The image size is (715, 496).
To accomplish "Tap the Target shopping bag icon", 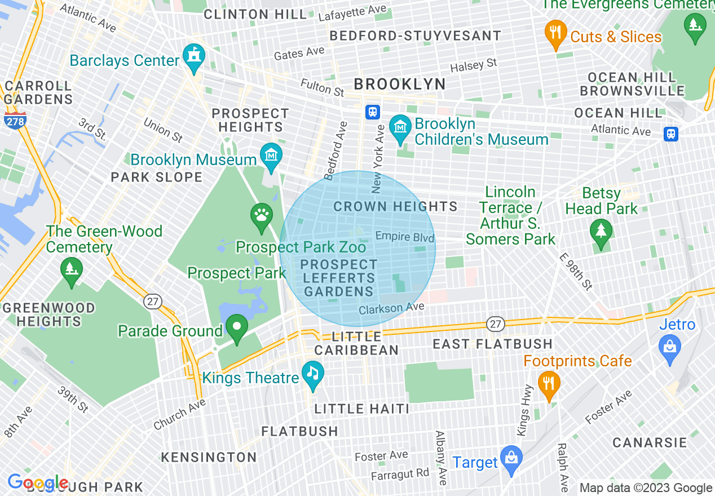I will (x=511, y=458).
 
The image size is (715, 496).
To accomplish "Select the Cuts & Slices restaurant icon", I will (x=556, y=33).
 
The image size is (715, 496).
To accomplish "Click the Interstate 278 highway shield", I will (x=15, y=119).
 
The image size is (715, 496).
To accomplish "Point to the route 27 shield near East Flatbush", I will (x=495, y=324).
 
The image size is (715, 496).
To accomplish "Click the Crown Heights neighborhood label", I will (x=395, y=206).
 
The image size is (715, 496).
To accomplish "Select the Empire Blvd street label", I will (x=405, y=237).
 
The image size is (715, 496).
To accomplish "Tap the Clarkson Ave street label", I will (x=391, y=308).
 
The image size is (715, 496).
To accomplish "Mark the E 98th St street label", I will (x=576, y=271).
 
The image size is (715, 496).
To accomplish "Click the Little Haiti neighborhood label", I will (x=361, y=409).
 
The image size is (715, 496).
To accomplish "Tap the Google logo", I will (x=37, y=482).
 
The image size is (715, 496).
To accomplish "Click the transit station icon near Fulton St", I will (x=372, y=112).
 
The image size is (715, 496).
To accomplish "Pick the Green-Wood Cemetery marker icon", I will (x=72, y=271).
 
